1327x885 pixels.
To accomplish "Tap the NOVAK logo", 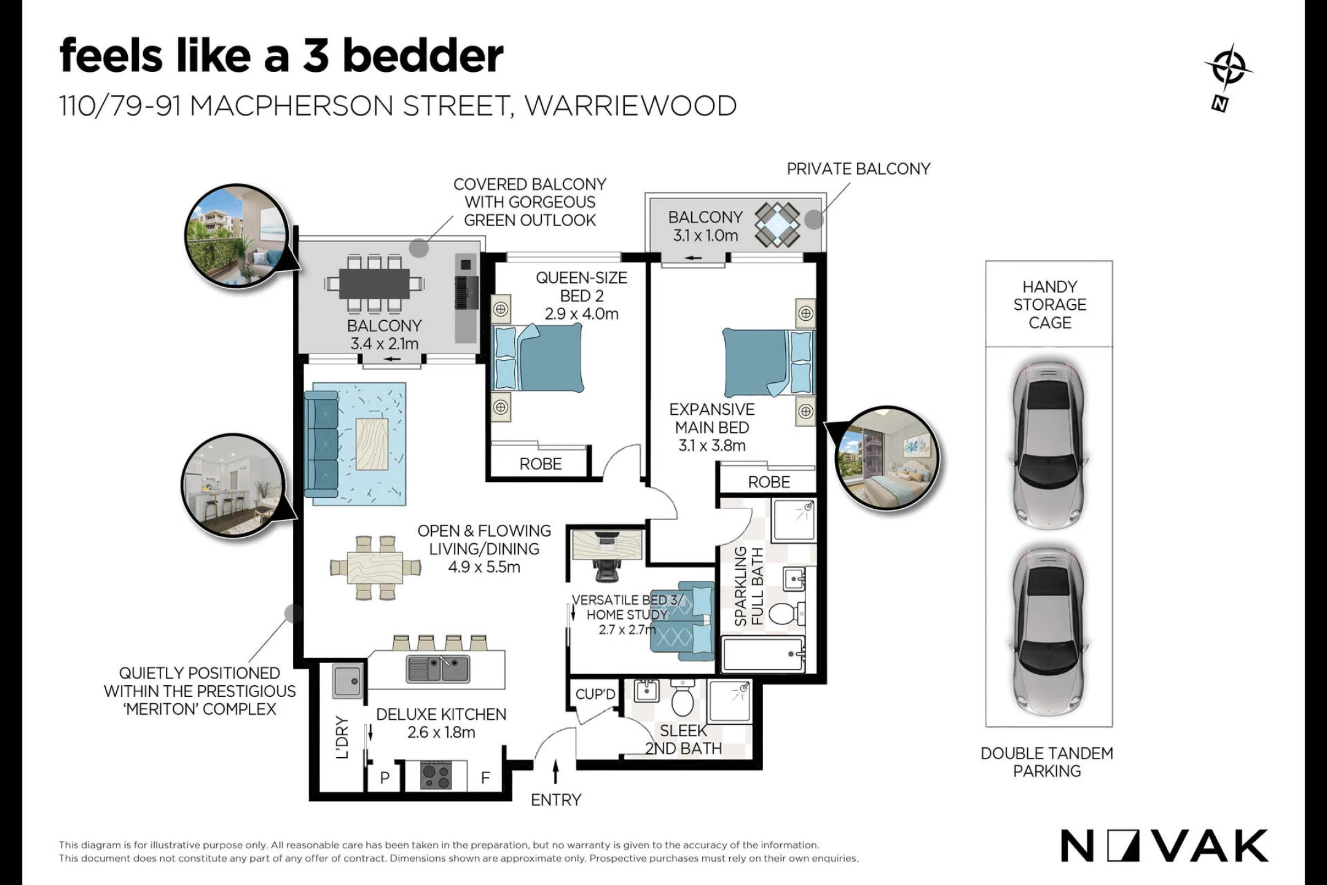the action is click(1164, 846).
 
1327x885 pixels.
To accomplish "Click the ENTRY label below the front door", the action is click(556, 800).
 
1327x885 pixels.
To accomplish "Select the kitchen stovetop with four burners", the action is click(436, 775).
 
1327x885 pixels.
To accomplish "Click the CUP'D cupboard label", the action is click(595, 694).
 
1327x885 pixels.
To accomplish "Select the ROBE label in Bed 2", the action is click(541, 464).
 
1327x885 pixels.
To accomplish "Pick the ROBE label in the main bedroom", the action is click(769, 482).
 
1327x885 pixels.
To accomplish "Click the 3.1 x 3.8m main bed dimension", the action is click(712, 446).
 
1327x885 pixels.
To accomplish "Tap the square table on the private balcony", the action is click(778, 224).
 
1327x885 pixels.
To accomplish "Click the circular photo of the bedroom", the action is click(888, 458).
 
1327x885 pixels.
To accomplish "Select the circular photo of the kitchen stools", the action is click(233, 486).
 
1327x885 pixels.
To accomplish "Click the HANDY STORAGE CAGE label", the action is click(1050, 305).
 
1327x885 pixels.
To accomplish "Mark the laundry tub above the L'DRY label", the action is click(348, 681).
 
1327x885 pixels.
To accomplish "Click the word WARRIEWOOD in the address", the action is click(631, 106).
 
